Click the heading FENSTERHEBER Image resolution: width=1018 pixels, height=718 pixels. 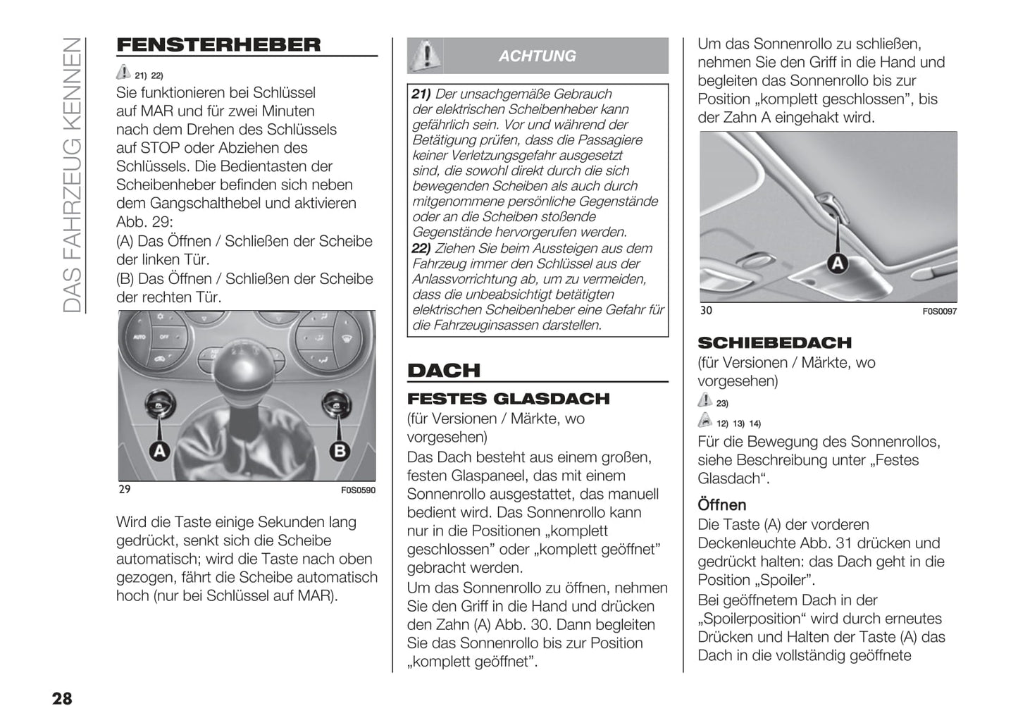click(x=218, y=45)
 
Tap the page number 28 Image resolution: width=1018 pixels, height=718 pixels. click(x=62, y=698)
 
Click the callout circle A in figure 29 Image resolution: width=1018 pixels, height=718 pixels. click(x=160, y=450)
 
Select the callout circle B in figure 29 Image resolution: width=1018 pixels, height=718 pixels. click(x=340, y=450)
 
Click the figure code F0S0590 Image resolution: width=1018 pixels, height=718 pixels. click(x=359, y=490)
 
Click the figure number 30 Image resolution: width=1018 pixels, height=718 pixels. click(x=706, y=311)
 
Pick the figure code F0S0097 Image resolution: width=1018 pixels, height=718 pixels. click(x=940, y=311)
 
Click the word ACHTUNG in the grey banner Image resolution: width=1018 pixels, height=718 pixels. click(x=537, y=56)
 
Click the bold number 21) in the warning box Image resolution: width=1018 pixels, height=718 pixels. click(x=421, y=94)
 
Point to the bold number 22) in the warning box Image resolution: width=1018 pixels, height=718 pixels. click(x=421, y=249)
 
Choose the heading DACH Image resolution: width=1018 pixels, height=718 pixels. click(x=444, y=371)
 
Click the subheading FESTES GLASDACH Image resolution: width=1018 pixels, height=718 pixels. click(x=508, y=399)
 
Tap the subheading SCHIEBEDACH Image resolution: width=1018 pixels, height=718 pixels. click(x=774, y=343)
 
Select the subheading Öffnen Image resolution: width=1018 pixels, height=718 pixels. click(x=721, y=505)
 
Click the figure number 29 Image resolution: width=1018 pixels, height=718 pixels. click(x=125, y=489)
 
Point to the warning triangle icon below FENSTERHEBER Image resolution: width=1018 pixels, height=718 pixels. click(x=123, y=72)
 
